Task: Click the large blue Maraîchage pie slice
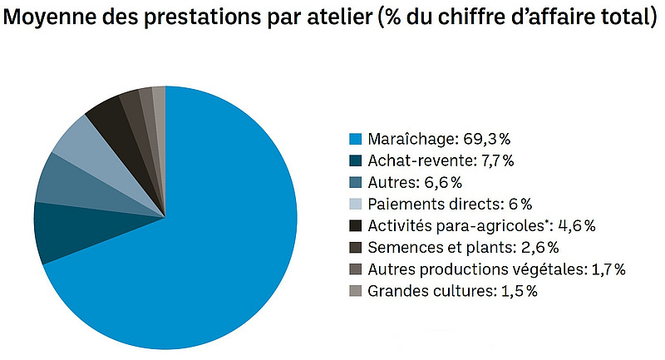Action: [191, 249]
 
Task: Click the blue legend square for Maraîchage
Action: [356, 139]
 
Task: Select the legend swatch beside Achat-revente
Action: [356, 160]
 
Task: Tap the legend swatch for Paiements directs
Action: [356, 204]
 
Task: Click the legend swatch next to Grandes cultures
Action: [356, 291]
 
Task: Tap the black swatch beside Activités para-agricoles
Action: [356, 225]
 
